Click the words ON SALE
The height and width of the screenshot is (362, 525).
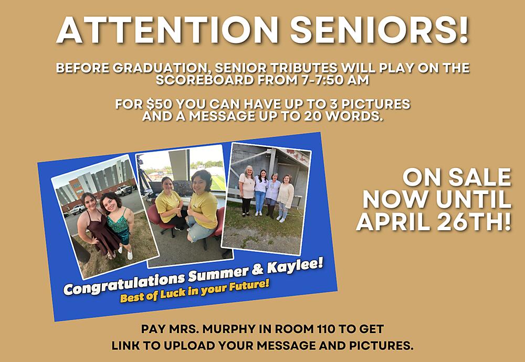tap(456, 177)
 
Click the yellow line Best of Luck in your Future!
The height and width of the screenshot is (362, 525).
tap(194, 293)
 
